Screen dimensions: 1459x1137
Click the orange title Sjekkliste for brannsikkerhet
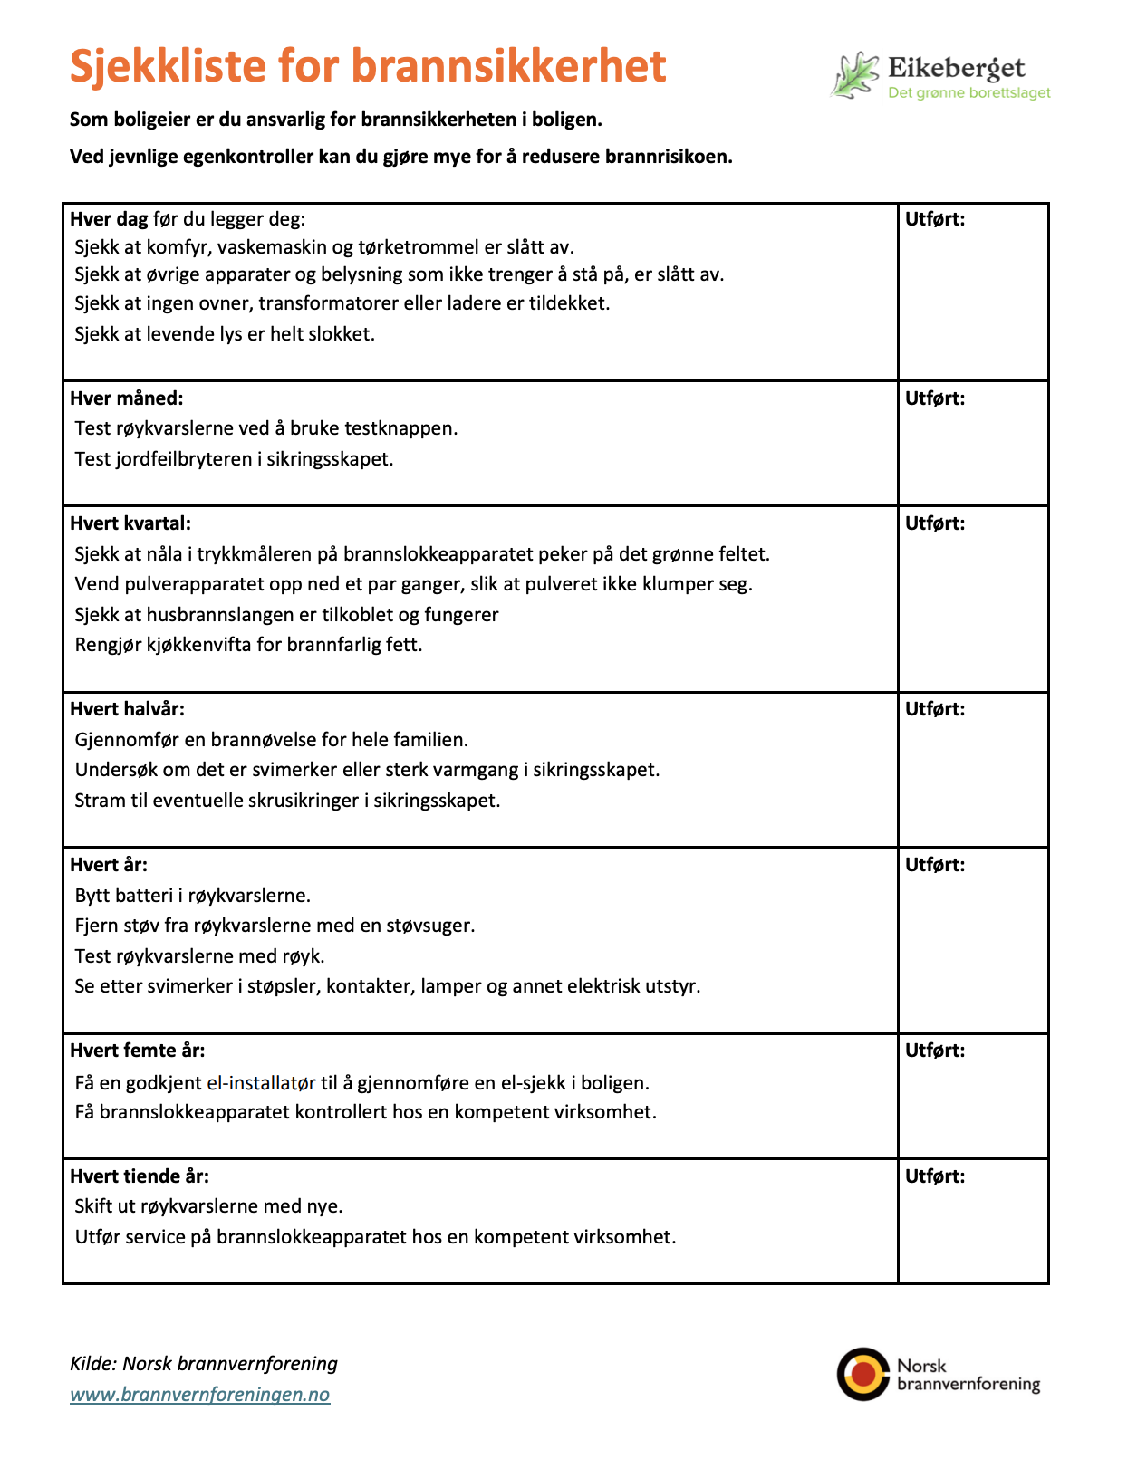coord(368,66)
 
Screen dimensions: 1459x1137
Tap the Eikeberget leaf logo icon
coord(855,75)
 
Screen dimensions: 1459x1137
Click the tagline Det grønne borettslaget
coord(968,92)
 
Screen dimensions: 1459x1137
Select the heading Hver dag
coord(110,219)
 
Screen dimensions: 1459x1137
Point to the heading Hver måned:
coord(126,398)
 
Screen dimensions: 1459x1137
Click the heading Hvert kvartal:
coord(130,523)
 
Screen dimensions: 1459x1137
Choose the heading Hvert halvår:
coord(127,709)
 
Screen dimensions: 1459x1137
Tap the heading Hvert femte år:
coord(137,1051)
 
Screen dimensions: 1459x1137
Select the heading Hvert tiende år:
coord(140,1176)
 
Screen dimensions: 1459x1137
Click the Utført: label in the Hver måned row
coord(935,398)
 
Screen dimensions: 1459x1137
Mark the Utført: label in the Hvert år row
coord(935,865)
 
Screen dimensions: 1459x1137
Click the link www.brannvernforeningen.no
coord(200,1395)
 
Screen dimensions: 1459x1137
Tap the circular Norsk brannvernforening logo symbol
coord(862,1374)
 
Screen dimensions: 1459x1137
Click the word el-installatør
coord(261,1083)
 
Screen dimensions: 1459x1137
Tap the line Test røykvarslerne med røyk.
coord(199,956)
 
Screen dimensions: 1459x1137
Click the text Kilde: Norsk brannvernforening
coord(204,1364)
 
